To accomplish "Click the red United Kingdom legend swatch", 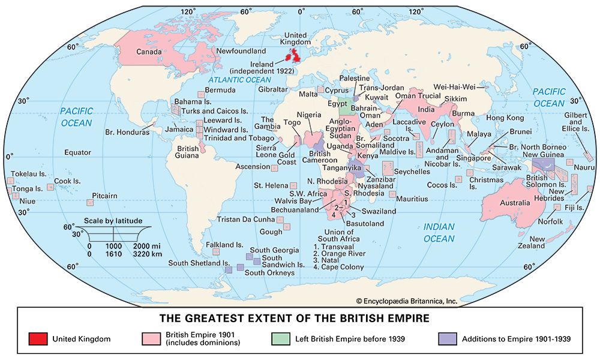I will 37,339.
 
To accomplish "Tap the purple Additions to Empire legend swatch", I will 448,339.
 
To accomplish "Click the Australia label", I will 515,202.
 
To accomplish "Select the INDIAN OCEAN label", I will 439,233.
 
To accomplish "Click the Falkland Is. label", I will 224,245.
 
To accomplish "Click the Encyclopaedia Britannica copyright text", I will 406,301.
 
